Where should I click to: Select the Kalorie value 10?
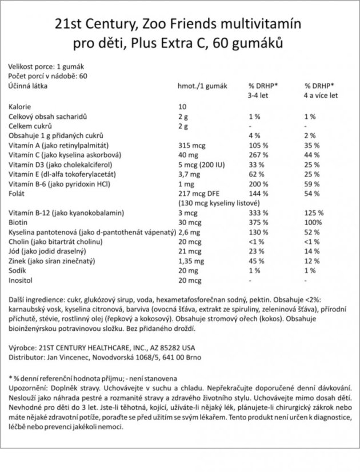click(x=182, y=107)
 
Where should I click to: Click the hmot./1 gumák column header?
click(x=203, y=85)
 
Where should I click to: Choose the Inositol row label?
click(x=21, y=282)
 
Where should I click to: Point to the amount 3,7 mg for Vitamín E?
click(x=189, y=175)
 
